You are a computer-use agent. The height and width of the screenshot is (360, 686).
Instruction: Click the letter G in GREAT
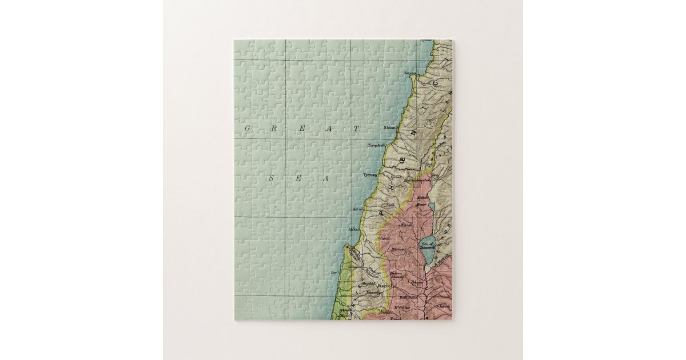click(x=248, y=129)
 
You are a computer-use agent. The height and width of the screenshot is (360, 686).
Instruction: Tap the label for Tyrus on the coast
click(x=370, y=175)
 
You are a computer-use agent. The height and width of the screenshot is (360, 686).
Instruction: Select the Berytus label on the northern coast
click(x=410, y=73)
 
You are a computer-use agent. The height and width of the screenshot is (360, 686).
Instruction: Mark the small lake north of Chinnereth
click(x=432, y=207)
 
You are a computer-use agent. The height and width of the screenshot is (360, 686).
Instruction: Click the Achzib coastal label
click(x=358, y=209)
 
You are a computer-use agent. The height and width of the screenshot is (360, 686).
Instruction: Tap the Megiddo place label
click(x=368, y=283)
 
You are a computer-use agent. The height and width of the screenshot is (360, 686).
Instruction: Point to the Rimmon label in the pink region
click(x=398, y=249)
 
